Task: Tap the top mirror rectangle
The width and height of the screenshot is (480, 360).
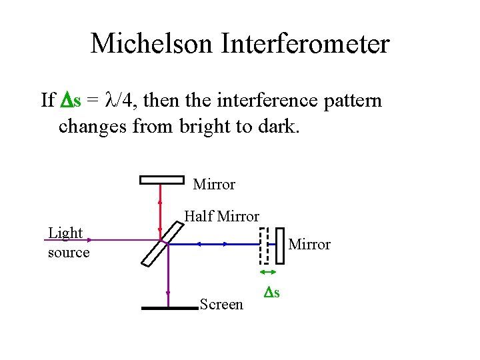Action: (x=161, y=179)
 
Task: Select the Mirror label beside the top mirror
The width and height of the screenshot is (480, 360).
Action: (x=214, y=184)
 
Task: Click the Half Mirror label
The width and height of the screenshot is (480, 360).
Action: (x=221, y=216)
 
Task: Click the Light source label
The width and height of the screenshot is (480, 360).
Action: (x=68, y=242)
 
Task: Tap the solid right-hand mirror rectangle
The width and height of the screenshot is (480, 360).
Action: (x=279, y=245)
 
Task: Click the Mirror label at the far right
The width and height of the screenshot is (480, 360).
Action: (x=309, y=245)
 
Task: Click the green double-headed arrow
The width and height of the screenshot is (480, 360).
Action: (x=268, y=272)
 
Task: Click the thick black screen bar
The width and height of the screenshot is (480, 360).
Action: (x=171, y=308)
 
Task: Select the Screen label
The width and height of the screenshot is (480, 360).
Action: (x=221, y=305)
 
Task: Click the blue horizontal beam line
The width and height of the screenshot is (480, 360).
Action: (x=213, y=245)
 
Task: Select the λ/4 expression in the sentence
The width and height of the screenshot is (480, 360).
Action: (x=119, y=101)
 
